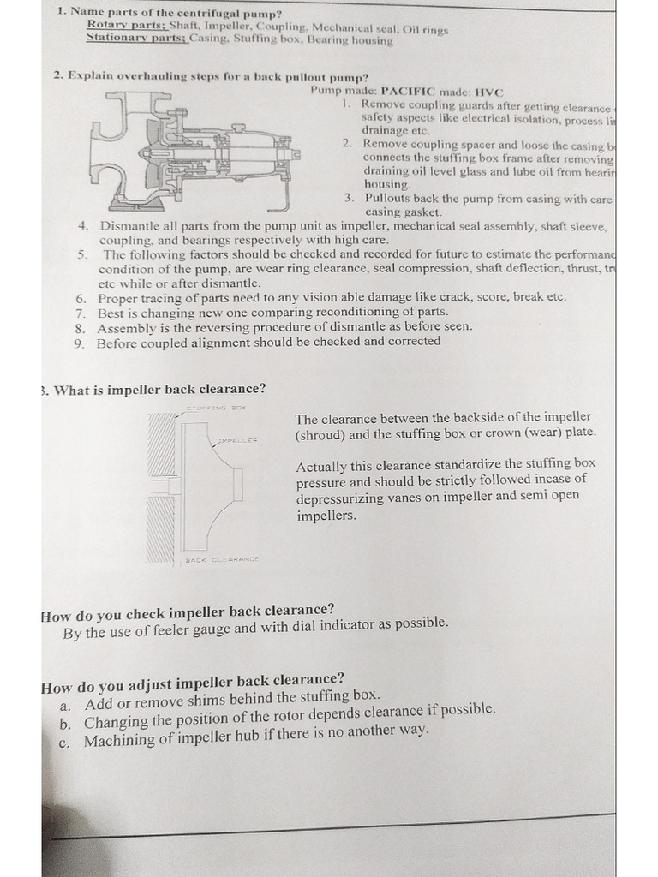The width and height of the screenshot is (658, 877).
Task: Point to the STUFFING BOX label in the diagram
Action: coord(217,409)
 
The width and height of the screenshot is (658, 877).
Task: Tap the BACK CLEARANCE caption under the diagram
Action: coord(222,559)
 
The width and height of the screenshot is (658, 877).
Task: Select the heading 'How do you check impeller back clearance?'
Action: coord(188,612)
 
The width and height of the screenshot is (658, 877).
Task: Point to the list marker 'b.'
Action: coord(65,724)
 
